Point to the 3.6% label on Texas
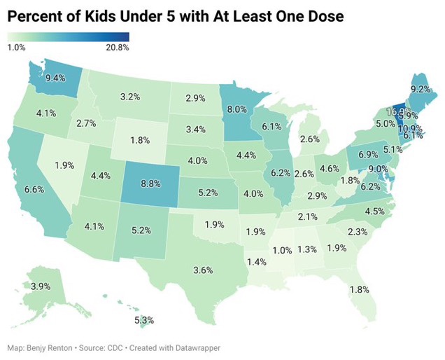(203, 270)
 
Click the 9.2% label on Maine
(420, 88)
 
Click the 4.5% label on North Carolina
(376, 212)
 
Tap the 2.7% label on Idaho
(86, 123)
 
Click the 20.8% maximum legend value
(118, 48)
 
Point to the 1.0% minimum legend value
(17, 48)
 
